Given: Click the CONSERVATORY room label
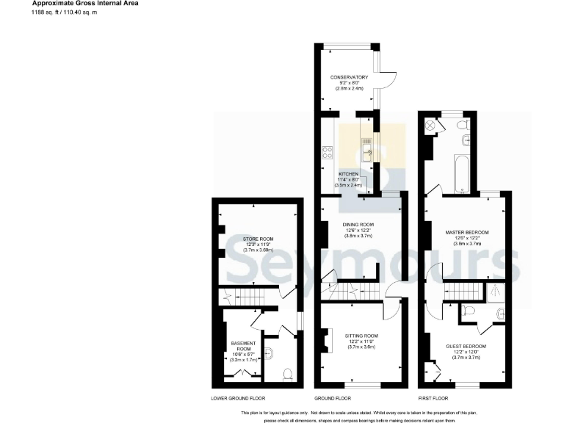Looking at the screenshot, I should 349,77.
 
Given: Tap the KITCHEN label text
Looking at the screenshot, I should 349,173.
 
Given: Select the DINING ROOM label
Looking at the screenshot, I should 358,224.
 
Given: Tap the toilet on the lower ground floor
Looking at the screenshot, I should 287,374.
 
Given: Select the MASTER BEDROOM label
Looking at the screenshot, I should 467,232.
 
